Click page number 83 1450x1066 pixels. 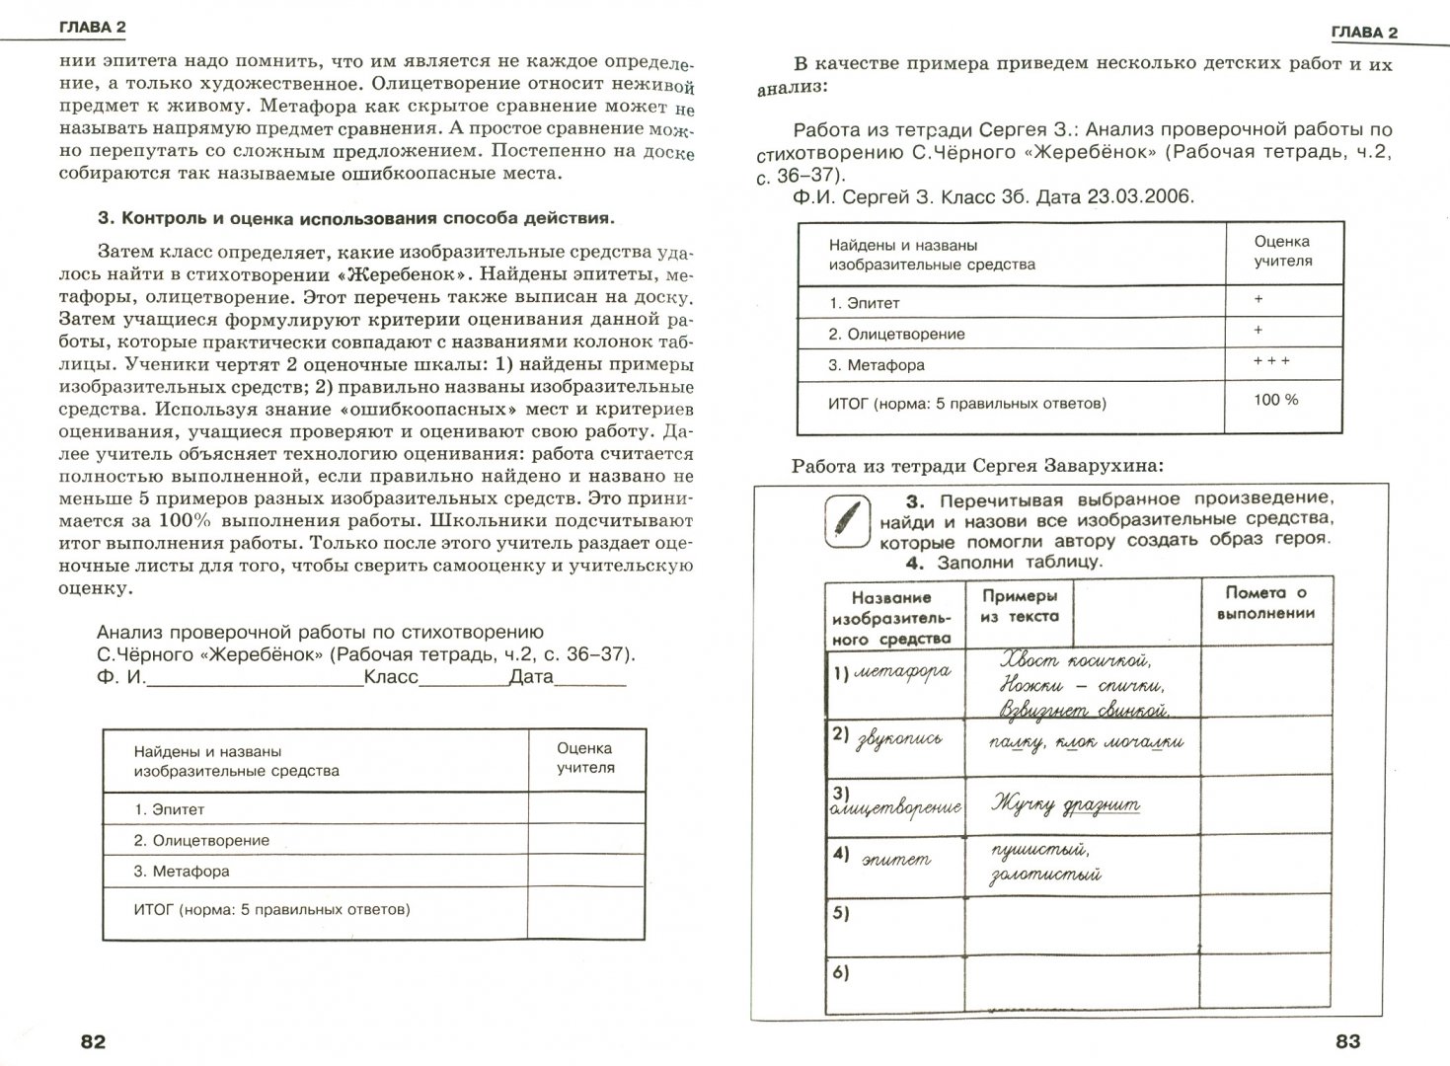coord(1347,1040)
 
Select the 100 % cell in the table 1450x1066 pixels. coord(1277,400)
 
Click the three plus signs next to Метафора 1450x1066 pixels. coord(1271,361)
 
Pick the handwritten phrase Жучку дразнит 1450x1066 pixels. coord(1066,803)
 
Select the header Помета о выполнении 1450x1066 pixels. coord(1267,602)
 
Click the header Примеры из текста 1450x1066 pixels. coord(1020,606)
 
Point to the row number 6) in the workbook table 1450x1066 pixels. coord(840,973)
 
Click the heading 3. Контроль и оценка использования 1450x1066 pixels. coord(355,218)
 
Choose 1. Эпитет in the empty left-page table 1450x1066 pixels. coord(169,809)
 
